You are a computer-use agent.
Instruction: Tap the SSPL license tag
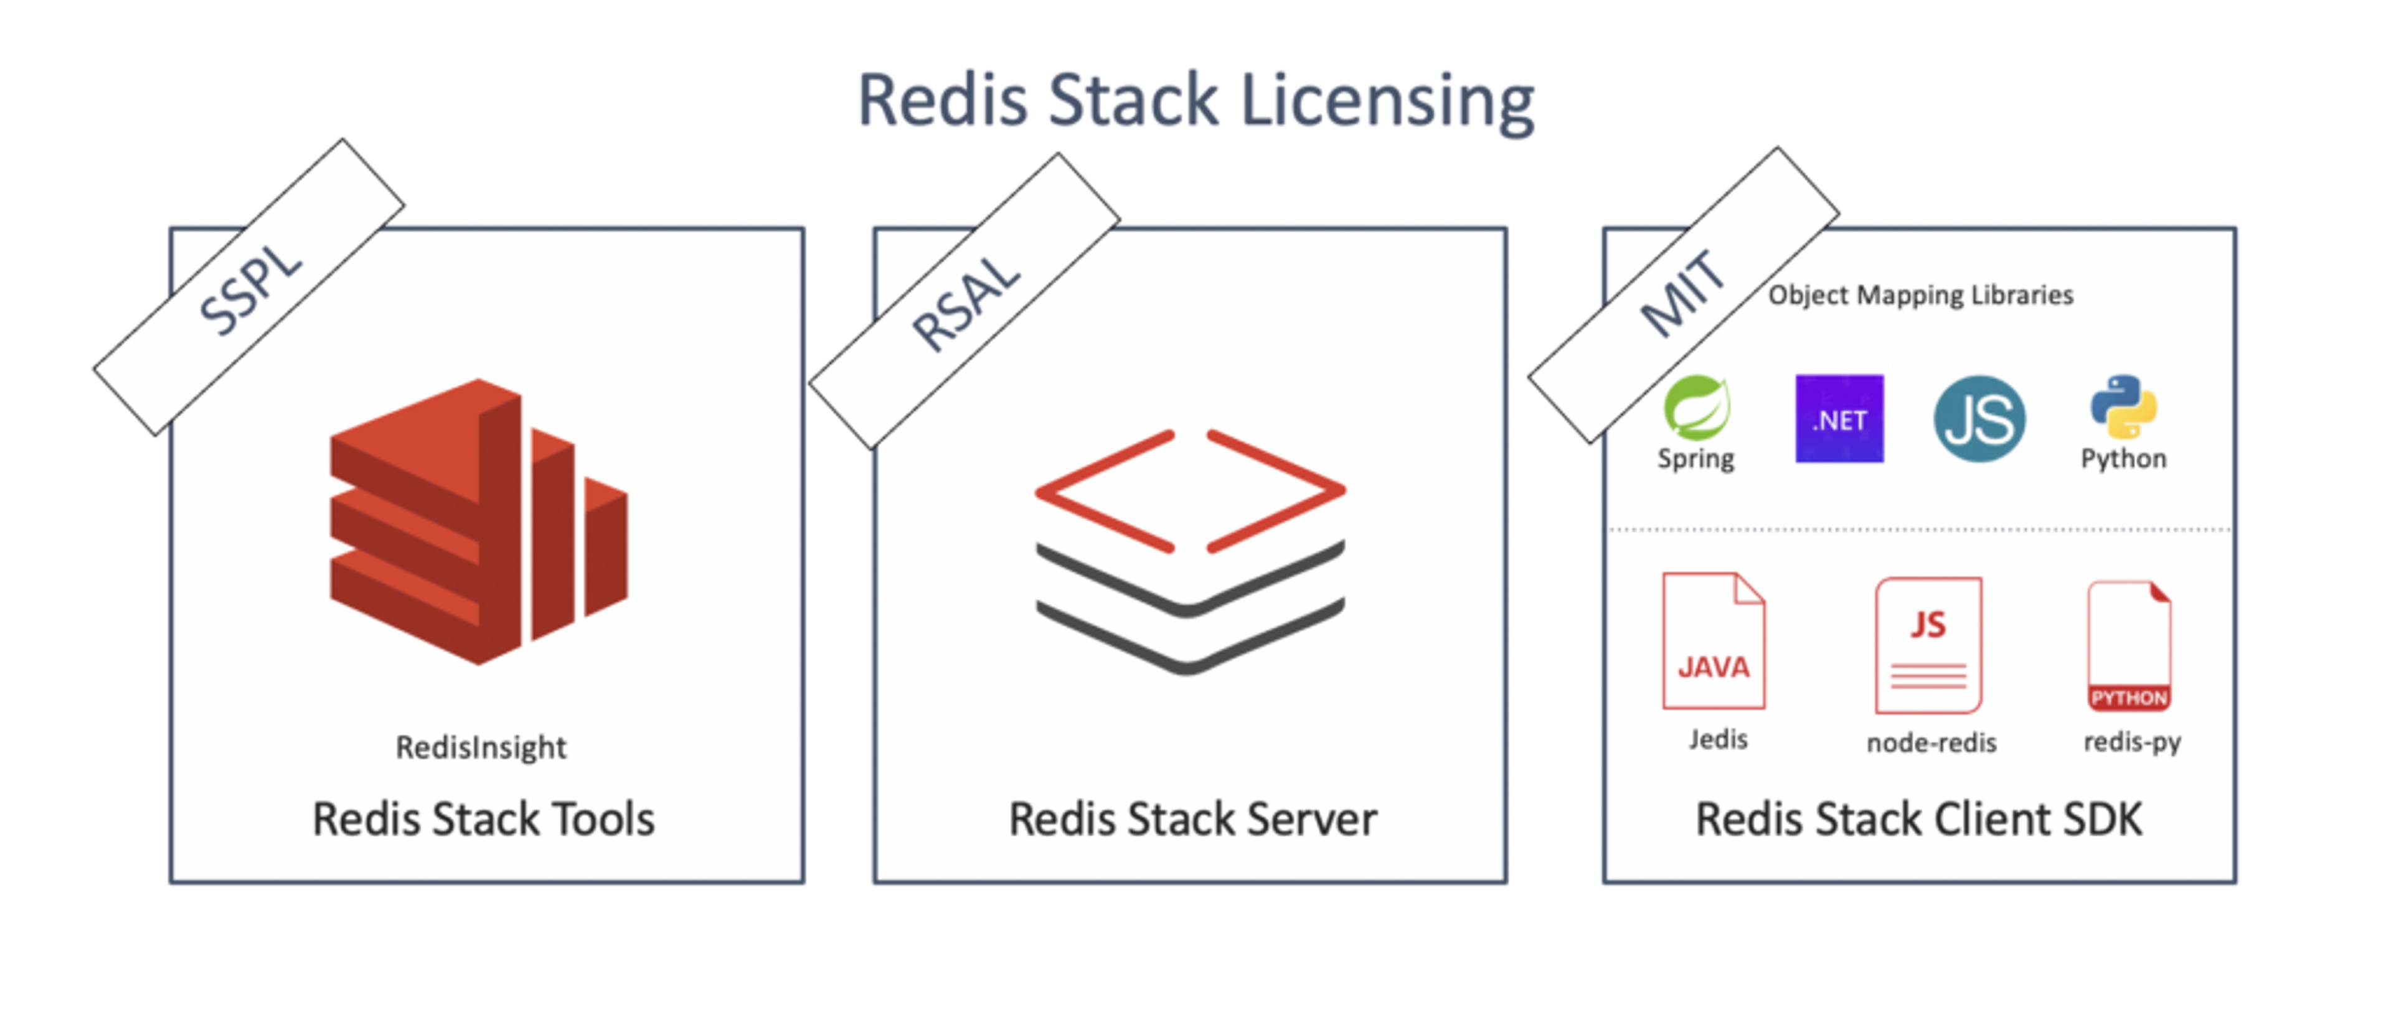(249, 288)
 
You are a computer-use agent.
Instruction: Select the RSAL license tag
(964, 302)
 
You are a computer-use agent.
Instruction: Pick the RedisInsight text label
(481, 747)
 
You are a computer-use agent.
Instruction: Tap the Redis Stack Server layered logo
(1190, 551)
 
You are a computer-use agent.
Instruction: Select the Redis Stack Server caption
(1193, 819)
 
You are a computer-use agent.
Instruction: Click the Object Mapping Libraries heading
(1920, 295)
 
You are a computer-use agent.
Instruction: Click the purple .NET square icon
(1839, 418)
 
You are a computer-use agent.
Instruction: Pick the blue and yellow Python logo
(2123, 406)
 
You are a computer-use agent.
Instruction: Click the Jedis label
(1718, 739)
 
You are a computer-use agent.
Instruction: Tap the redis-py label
(2132, 742)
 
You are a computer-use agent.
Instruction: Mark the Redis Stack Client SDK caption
(1918, 819)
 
